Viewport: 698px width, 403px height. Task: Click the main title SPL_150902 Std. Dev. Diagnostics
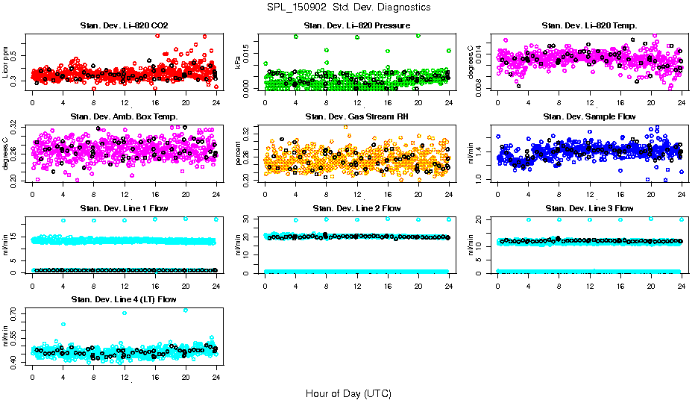348,7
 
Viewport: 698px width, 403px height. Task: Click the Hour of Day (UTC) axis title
348,393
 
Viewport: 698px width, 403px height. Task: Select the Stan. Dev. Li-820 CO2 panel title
124,26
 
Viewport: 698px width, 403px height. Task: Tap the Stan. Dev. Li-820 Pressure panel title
356,26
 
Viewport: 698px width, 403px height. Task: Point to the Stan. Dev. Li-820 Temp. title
589,26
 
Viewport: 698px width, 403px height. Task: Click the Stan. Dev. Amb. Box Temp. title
124,116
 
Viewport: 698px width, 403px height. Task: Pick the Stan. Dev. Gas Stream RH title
356,116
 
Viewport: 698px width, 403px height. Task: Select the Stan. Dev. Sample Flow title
589,116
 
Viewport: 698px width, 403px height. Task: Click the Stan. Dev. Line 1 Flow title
124,207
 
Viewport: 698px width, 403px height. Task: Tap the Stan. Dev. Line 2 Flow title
356,207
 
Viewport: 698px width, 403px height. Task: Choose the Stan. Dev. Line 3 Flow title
589,207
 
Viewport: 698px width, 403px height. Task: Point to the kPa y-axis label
239,63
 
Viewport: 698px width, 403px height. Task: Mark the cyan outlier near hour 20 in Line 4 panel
186,310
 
